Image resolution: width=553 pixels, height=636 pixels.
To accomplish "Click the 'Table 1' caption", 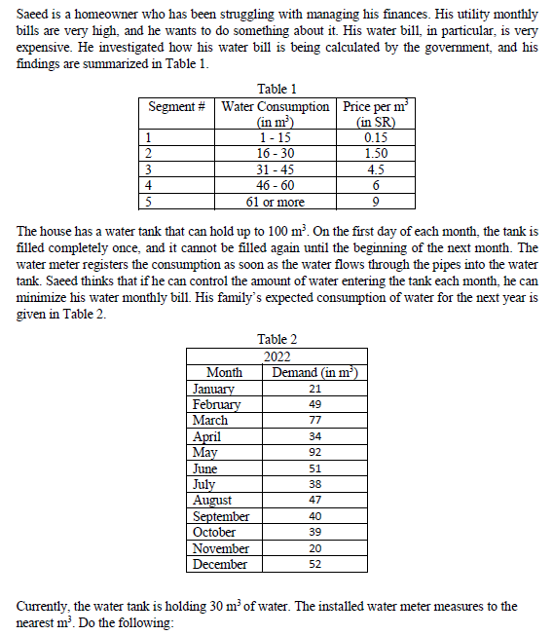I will [x=276, y=90].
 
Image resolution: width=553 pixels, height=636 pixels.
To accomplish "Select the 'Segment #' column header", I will [x=175, y=106].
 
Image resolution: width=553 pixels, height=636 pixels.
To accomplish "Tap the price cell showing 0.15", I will [x=375, y=137].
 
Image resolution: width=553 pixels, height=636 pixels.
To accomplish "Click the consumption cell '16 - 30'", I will [x=276, y=153].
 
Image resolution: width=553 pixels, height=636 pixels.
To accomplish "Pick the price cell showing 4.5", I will [x=375, y=169].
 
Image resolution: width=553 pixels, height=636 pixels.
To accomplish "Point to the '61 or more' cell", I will [x=276, y=202].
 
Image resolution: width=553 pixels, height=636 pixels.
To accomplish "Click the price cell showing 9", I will [x=375, y=202].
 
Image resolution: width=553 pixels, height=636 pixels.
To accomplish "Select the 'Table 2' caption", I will [x=277, y=339].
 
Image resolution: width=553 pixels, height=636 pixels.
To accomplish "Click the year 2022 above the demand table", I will [x=277, y=355].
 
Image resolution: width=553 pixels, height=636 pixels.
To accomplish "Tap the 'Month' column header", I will [x=225, y=372].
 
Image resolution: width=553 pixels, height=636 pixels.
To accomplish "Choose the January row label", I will [x=213, y=389].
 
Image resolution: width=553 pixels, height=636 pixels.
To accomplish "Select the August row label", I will [x=212, y=500].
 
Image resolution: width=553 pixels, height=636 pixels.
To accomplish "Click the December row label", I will [x=219, y=564].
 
